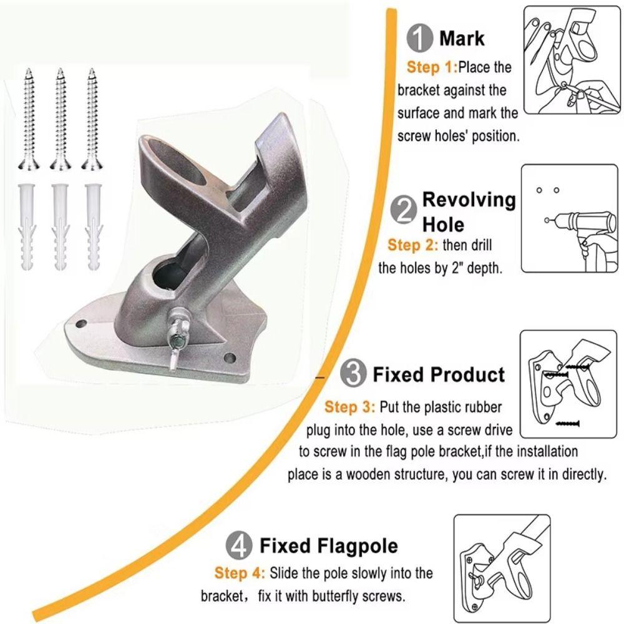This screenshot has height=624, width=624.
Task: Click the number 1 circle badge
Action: click(x=419, y=39)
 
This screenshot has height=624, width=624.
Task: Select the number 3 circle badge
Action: click(x=353, y=374)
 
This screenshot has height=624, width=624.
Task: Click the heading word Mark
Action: click(x=462, y=38)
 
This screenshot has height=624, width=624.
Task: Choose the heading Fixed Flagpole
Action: click(x=329, y=546)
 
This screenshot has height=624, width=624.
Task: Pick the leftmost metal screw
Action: click(x=28, y=119)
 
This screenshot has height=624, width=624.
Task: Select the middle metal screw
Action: click(x=60, y=119)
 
